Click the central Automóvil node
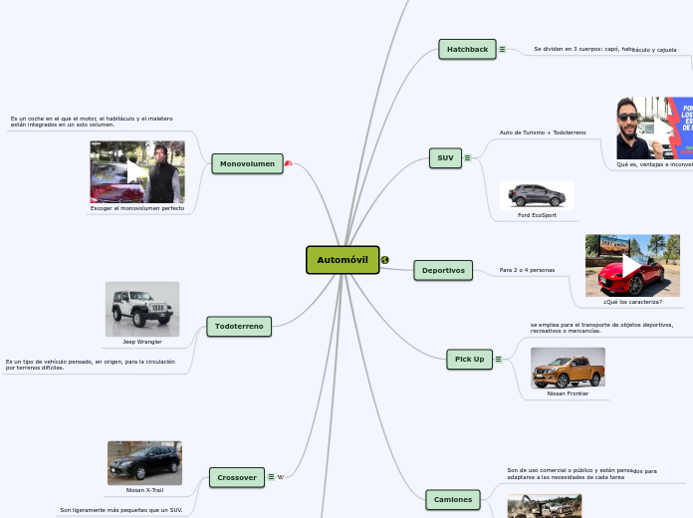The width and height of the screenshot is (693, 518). (x=343, y=260)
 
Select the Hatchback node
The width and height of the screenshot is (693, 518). (x=467, y=49)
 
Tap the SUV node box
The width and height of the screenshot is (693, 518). (x=445, y=157)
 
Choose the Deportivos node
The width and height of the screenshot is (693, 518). (x=443, y=270)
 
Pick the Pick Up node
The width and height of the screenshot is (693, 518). (x=469, y=359)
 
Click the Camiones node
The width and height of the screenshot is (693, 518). (x=453, y=499)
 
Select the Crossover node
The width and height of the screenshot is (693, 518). (x=237, y=477)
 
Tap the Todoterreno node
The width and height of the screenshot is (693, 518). (x=239, y=326)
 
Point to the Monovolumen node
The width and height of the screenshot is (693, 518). (x=247, y=163)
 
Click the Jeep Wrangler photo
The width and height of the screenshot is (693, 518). (x=142, y=309)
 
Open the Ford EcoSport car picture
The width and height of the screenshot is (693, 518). (x=537, y=195)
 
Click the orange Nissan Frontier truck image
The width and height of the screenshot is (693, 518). (x=568, y=368)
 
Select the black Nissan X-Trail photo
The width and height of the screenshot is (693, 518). (x=144, y=462)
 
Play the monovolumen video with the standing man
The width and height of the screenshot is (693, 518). (x=136, y=172)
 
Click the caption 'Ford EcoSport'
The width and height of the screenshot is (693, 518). (x=537, y=215)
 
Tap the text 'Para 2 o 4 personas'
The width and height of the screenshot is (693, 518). (x=527, y=270)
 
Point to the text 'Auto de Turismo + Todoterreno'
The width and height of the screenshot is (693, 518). (x=543, y=132)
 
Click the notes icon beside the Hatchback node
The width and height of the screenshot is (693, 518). (x=502, y=49)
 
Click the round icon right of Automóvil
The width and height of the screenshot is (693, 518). (x=385, y=260)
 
